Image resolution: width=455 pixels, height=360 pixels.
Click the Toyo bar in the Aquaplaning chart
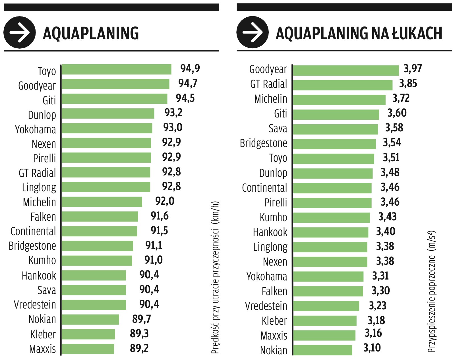coord(117,69)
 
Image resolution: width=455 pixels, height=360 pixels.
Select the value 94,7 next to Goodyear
coord(188,83)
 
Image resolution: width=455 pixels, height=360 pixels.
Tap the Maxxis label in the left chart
coord(43,349)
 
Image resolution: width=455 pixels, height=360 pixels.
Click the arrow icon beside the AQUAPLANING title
coord(19,32)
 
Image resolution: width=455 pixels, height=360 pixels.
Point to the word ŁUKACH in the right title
coord(417,33)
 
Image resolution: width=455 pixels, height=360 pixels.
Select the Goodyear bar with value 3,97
coord(346,71)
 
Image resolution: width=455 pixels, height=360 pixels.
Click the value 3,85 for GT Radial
coord(408,84)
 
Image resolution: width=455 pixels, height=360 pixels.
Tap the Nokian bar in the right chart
coord(322,350)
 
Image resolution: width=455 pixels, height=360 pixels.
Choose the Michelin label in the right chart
coord(271,99)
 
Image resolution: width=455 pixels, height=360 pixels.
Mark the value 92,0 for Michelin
coord(165,201)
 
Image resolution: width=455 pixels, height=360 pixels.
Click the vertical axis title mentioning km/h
coord(215,277)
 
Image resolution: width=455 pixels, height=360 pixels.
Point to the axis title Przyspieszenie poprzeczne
coord(431,291)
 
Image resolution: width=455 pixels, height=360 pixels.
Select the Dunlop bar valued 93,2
coord(108,113)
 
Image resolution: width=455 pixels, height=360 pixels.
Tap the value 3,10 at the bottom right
coord(372,348)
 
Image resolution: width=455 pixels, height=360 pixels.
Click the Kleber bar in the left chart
coord(88,334)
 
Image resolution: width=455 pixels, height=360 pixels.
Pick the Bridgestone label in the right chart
coord(263,143)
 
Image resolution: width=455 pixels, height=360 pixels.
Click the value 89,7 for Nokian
coord(141,319)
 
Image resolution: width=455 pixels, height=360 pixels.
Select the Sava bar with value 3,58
coord(336,129)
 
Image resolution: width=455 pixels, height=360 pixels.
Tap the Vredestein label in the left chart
coord(35,305)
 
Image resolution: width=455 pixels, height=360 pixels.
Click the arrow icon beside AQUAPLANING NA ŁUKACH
coord(252,32)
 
